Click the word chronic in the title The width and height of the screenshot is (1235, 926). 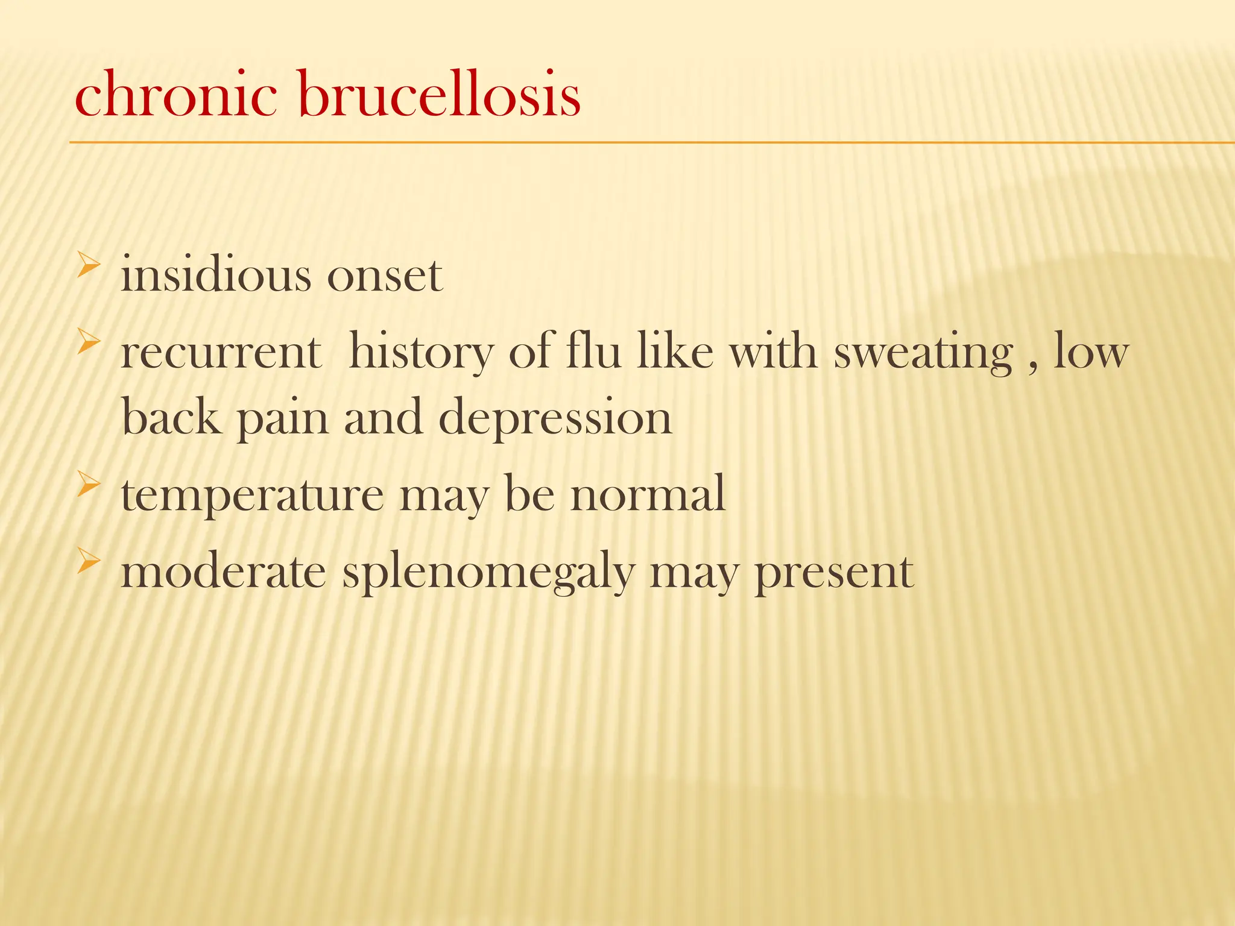[x=175, y=95]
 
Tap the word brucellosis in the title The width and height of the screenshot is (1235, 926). [x=439, y=95]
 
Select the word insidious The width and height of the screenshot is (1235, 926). [x=216, y=275]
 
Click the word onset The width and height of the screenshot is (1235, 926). [x=385, y=276]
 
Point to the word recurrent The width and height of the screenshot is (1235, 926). [x=221, y=353]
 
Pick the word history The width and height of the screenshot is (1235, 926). [x=421, y=353]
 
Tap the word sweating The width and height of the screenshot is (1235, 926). [x=923, y=353]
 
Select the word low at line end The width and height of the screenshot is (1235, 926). [x=1091, y=353]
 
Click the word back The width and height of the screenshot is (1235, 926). [x=171, y=417]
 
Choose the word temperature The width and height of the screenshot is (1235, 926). [x=252, y=494]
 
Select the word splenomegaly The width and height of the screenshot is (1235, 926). [x=488, y=573]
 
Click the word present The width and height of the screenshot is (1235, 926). [x=834, y=573]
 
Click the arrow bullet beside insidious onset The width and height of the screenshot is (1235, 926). [x=88, y=266]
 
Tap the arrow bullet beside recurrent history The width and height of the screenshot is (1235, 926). [x=88, y=344]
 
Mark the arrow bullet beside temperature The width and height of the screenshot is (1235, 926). [x=88, y=485]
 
